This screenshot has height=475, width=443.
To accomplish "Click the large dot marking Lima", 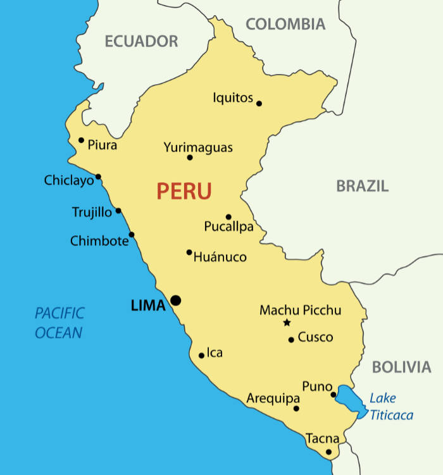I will click(x=175, y=300).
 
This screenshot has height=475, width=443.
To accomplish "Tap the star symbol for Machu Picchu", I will click(x=287, y=323).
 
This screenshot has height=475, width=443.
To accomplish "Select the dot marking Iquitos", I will click(x=259, y=103).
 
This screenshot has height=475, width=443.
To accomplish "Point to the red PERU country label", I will click(x=184, y=191).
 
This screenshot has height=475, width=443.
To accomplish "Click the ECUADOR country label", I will click(x=141, y=42).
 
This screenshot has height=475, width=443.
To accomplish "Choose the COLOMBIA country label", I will click(x=285, y=25).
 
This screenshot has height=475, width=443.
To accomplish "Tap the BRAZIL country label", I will click(x=362, y=186).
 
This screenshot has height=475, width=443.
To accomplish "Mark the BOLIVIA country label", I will click(x=401, y=367).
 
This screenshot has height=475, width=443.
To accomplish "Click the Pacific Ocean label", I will click(x=59, y=323).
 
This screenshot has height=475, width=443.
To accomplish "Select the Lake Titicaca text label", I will click(x=391, y=407).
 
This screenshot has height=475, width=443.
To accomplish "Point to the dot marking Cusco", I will click(x=291, y=340).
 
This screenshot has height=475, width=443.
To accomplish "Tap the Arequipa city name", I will click(x=273, y=399).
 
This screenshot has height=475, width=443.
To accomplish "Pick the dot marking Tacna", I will click(x=328, y=452).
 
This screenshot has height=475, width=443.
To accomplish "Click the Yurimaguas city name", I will click(x=198, y=147).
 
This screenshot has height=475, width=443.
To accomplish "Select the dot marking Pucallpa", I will click(x=228, y=216).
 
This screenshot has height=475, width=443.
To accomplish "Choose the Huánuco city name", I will click(x=220, y=257).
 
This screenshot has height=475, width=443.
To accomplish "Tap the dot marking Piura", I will click(x=81, y=140).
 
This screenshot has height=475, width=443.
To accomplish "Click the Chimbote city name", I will click(x=99, y=241).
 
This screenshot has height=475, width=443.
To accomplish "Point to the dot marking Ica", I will click(x=201, y=355).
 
